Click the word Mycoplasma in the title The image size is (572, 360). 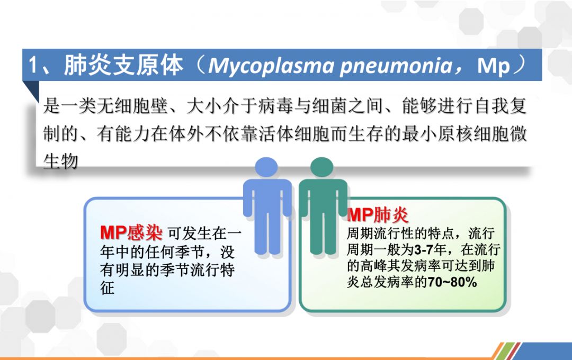(271, 66)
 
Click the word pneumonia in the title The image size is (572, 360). (396, 66)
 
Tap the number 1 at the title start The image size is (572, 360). (33, 66)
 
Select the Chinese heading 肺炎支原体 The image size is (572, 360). (123, 66)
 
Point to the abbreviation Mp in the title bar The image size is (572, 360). (493, 66)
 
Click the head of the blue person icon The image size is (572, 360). (266, 167)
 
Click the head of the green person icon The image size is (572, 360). (322, 167)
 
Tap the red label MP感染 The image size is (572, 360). (131, 232)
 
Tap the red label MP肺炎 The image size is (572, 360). (378, 215)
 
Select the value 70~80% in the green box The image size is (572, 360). (452, 282)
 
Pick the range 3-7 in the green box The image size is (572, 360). (424, 249)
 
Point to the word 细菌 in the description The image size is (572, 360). (330, 106)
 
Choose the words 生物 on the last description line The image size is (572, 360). (60, 161)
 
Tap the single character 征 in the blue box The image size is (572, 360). (107, 288)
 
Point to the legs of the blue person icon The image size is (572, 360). (267, 233)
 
